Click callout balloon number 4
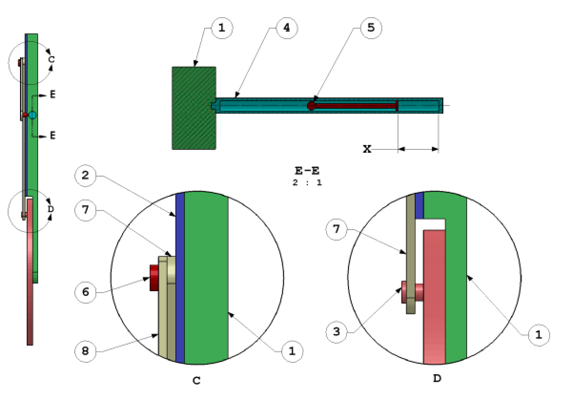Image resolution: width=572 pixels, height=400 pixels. [286, 28]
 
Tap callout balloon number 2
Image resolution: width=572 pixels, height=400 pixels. [86, 176]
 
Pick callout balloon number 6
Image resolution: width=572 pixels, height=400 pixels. [86, 291]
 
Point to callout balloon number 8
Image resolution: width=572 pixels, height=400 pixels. [86, 351]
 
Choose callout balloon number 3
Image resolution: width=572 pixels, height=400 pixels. [337, 330]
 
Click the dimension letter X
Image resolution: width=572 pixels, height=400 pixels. [367, 149]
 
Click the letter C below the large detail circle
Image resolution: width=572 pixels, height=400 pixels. [196, 380]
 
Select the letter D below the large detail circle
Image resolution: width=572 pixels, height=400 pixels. [437, 379]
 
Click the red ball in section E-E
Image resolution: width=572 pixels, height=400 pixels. [311, 105]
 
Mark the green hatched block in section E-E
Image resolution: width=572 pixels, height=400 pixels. [194, 108]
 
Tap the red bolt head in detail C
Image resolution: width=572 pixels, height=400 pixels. [154, 278]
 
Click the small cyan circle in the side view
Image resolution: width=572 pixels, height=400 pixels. [32, 115]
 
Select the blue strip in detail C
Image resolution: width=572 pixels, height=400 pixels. [180, 277]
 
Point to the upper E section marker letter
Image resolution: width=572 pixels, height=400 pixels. [52, 95]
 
